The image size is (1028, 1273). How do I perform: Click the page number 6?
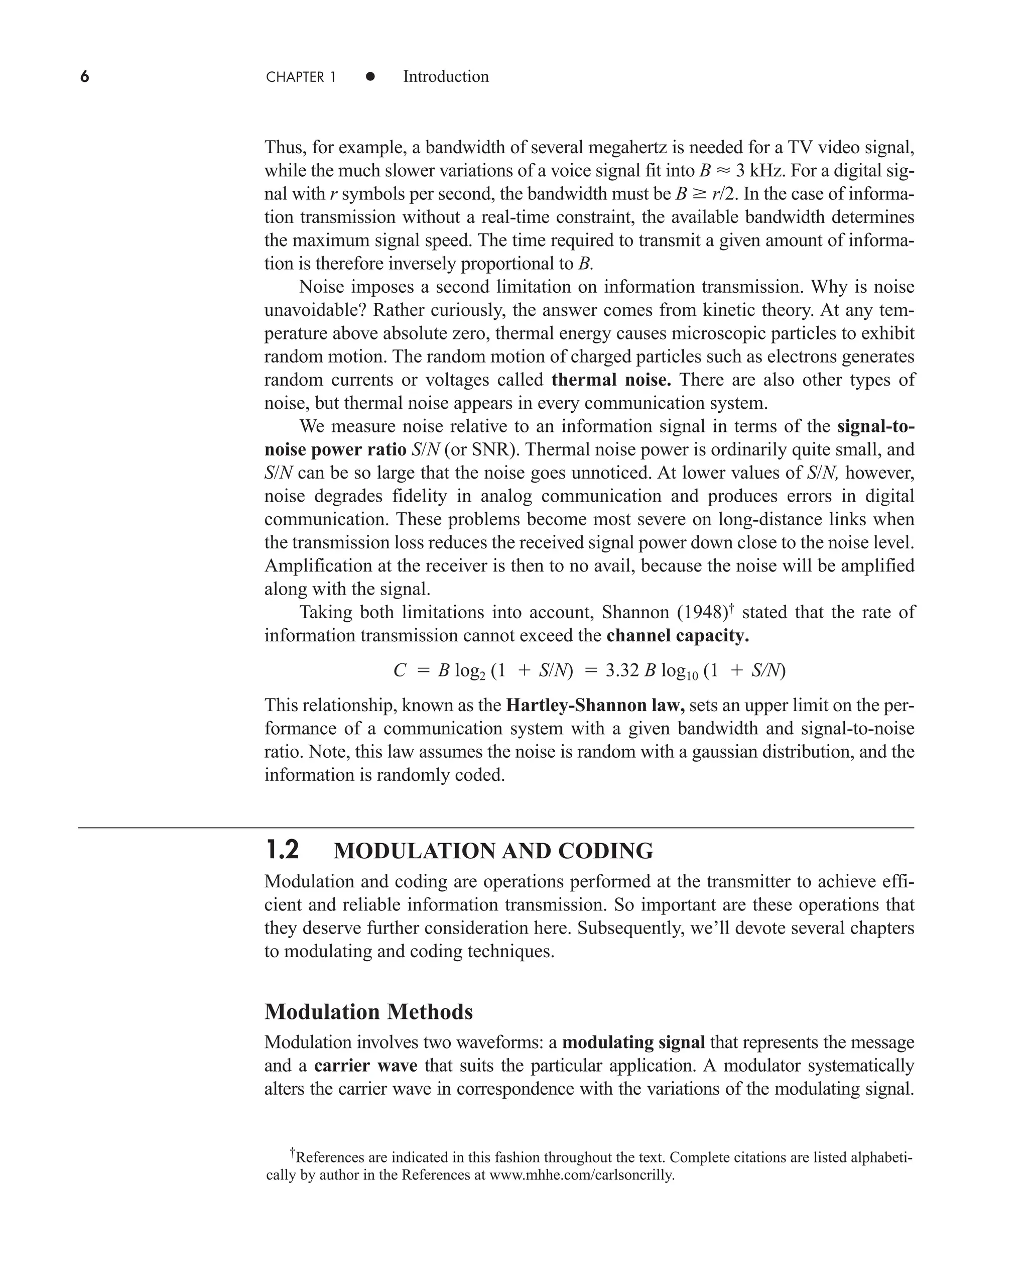coord(85,77)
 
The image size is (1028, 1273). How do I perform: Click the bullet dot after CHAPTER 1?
coord(370,76)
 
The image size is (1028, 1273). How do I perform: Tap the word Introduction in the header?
coord(445,76)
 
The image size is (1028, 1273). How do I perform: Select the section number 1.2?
coord(283,851)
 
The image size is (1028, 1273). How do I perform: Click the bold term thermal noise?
coord(611,380)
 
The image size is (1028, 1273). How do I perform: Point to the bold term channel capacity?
coord(678,636)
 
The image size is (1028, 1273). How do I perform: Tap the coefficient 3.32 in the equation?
coord(622,670)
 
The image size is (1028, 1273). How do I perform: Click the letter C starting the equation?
coord(400,670)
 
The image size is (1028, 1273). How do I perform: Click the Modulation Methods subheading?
coord(368,1012)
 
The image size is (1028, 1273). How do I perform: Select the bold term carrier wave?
coord(365,1066)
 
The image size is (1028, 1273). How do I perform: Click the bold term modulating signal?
coord(633,1042)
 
